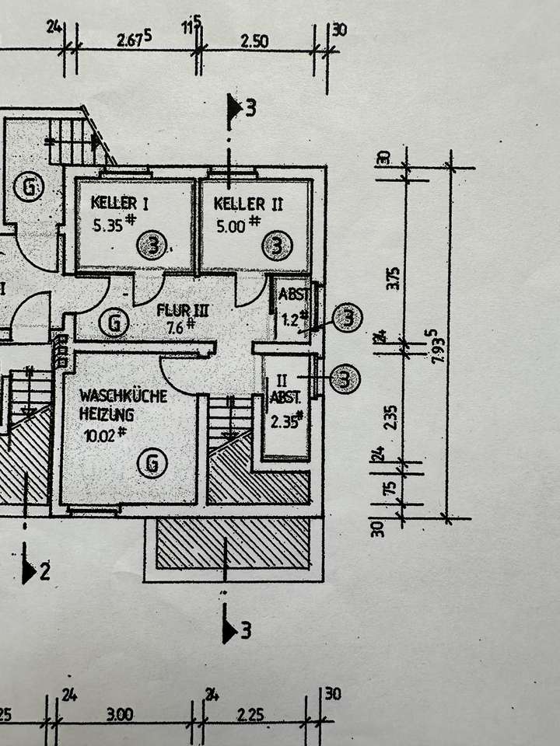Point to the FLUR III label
point(184,310)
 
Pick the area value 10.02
point(100,435)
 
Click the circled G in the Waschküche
point(152,464)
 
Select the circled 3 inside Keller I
point(153,246)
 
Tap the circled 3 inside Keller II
point(278,246)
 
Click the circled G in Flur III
point(115,322)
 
